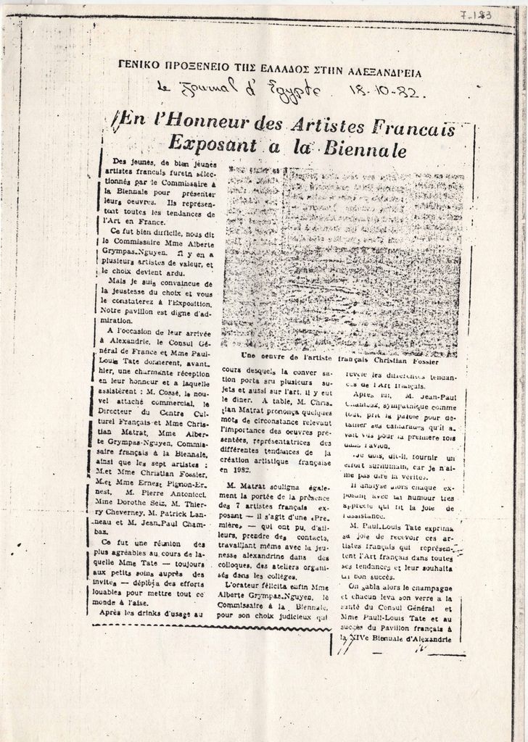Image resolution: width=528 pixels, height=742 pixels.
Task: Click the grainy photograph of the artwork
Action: pos(342,257)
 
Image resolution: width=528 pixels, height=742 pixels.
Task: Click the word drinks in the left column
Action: pos(152,614)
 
